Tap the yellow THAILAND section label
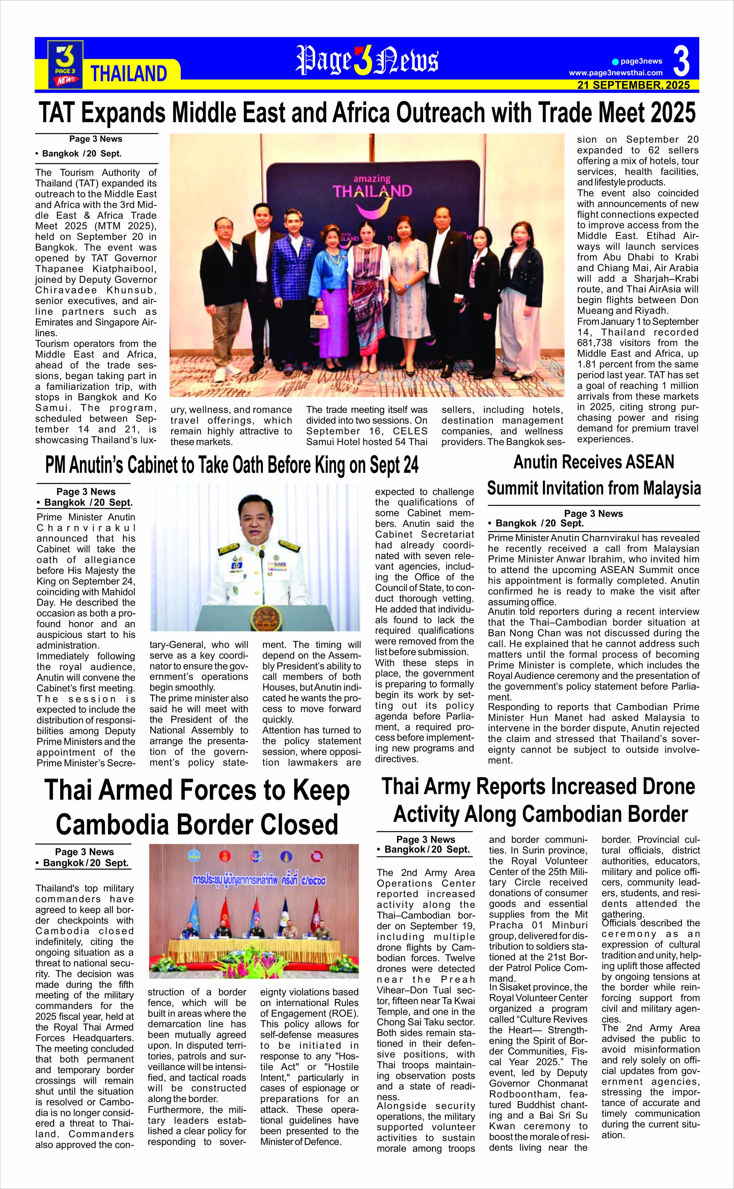click(129, 74)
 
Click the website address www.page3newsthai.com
click(616, 73)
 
